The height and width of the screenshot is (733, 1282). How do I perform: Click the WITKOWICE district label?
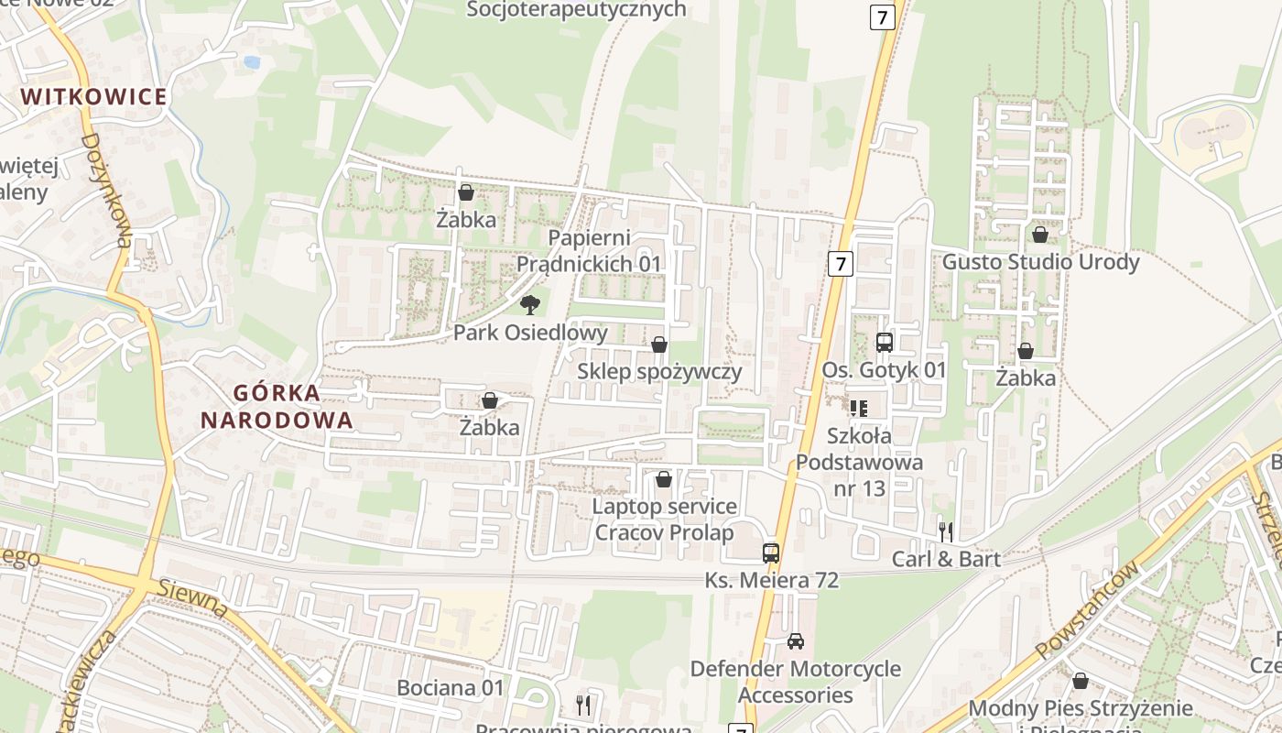click(x=94, y=97)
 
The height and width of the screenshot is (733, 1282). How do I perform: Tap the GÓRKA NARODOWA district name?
click(x=277, y=407)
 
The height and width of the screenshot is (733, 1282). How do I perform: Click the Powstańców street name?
click(x=1089, y=610)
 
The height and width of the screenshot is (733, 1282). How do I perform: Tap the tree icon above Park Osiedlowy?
click(x=529, y=305)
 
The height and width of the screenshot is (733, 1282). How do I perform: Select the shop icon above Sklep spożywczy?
click(x=658, y=345)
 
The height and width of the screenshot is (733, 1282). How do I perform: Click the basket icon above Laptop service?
click(x=664, y=479)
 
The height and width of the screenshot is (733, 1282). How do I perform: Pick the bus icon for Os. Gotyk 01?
click(x=884, y=343)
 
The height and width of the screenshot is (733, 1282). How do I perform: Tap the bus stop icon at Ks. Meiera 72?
click(x=771, y=553)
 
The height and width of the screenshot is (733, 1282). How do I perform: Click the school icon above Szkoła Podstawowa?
click(x=858, y=408)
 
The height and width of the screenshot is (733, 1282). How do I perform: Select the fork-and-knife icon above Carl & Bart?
click(x=946, y=531)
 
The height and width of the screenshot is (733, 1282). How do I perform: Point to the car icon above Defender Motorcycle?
click(x=796, y=641)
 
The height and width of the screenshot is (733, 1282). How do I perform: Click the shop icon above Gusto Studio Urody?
click(x=1040, y=235)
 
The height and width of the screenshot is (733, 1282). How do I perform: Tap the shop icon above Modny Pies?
click(x=1081, y=681)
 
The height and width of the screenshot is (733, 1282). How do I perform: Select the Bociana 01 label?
click(x=451, y=688)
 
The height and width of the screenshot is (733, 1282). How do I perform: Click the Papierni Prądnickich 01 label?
click(x=589, y=251)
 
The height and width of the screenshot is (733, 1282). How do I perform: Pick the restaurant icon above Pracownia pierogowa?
click(x=582, y=704)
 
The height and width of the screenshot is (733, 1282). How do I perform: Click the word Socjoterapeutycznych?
click(x=577, y=10)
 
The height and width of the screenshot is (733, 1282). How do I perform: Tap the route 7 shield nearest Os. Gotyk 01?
click(x=841, y=265)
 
